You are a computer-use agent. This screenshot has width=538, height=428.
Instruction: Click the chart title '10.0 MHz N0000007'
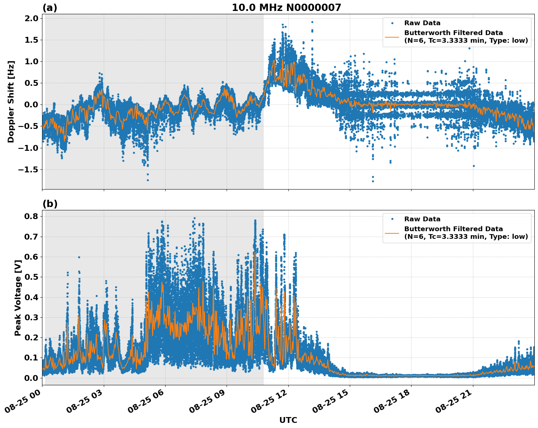pyautogui.click(x=286, y=8)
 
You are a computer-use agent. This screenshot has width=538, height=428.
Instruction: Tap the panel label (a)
pyautogui.click(x=50, y=8)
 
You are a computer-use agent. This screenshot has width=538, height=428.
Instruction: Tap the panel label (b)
pyautogui.click(x=50, y=204)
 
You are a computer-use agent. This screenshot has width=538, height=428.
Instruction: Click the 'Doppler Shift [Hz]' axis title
pyautogui.click(x=11, y=102)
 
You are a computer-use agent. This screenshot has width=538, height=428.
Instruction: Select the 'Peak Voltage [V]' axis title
pyautogui.click(x=18, y=298)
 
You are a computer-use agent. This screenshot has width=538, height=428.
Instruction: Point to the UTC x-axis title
pyautogui.click(x=288, y=420)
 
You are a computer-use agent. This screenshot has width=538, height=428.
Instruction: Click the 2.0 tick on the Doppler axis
pyautogui.click(x=31, y=19)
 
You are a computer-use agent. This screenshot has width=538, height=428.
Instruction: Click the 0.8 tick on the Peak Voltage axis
pyautogui.click(x=31, y=216)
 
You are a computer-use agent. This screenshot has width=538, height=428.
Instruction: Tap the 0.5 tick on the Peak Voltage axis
pyautogui.click(x=31, y=277)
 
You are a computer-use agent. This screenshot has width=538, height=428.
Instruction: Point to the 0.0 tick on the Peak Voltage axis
pyautogui.click(x=31, y=378)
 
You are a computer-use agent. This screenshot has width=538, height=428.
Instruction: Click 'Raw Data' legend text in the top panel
pyautogui.click(x=422, y=23)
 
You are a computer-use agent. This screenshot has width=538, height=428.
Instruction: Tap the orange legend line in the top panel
pyautogui.click(x=392, y=37)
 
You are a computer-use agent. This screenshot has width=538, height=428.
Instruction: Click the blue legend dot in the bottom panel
pyautogui.click(x=392, y=219)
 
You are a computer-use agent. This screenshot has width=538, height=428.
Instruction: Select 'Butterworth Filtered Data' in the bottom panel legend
pyautogui.click(x=453, y=229)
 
